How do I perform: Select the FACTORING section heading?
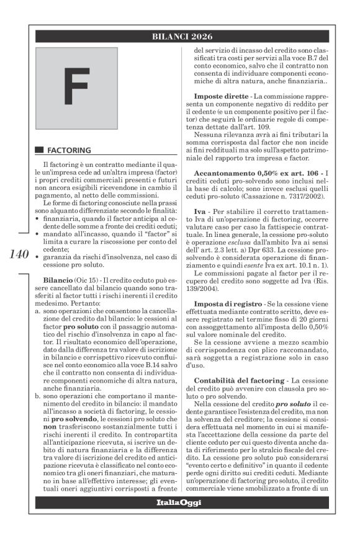[70, 150]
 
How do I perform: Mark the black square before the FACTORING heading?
[39, 150]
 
